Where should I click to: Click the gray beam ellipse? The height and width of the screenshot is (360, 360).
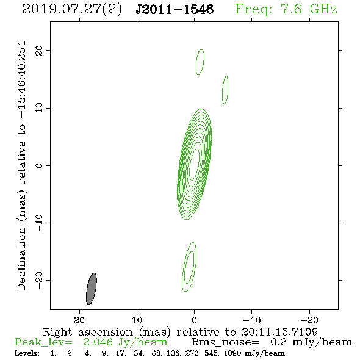pos(92,289)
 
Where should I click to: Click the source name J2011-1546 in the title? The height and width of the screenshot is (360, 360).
pos(175,10)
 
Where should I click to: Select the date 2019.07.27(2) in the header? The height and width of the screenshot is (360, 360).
pos(72,10)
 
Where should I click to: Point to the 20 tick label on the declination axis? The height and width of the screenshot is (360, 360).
pos(39,51)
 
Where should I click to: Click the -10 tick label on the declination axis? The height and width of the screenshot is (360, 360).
pos(39,223)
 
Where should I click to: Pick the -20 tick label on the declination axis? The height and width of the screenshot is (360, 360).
pos(39,281)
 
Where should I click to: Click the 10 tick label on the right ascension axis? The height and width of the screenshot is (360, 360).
pos(137,320)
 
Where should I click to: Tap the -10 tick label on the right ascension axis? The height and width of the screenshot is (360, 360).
pos(252,320)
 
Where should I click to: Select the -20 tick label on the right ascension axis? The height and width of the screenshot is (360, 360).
pos(309,320)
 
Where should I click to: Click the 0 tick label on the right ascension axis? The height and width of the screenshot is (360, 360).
pos(194,320)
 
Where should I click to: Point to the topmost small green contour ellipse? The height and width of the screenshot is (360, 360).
pos(196,62)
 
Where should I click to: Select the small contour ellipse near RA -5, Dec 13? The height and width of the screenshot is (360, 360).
pos(223,90)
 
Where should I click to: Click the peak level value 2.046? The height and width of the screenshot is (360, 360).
pos(98,342)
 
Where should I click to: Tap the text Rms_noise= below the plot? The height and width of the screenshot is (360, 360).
pos(225,342)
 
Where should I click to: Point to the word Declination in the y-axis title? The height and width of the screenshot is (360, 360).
pos(21,259)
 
